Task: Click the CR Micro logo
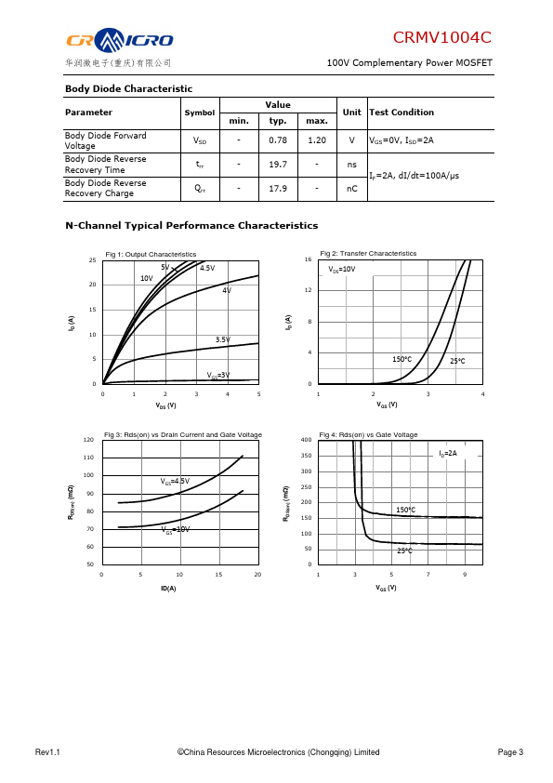coord(120,40)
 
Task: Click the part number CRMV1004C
coord(441,37)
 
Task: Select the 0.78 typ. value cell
coord(278,140)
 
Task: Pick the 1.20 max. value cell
coord(317,140)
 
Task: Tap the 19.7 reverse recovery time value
coord(278,165)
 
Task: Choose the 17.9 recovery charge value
coord(278,188)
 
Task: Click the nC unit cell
coord(352,188)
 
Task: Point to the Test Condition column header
coord(402,113)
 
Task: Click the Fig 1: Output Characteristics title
coord(151,254)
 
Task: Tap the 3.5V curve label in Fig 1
coord(223,339)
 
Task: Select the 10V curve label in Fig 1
coord(147,278)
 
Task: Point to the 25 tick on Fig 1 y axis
coord(92,260)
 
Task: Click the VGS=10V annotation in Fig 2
coord(342,269)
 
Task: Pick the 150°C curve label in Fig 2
coord(402,359)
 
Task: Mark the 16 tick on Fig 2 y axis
coord(308,259)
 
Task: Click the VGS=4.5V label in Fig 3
coord(175,482)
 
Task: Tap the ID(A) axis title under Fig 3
coord(168,589)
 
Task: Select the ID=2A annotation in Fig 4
coord(448,454)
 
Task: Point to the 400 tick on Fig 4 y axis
coord(307,440)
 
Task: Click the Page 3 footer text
coord(510,752)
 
